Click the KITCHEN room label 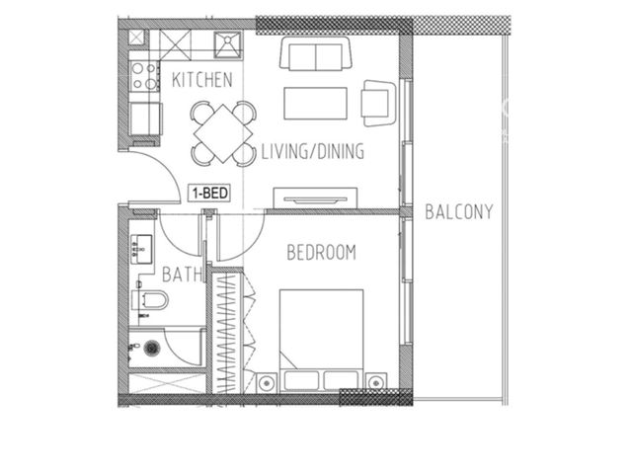point(201,80)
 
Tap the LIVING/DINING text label point(313,151)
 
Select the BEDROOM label point(321,253)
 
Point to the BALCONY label point(459,212)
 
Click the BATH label point(182,275)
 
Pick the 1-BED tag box point(210,194)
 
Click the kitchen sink point(228,44)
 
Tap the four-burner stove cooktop point(144,76)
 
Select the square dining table point(223,133)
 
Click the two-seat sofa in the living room point(316,53)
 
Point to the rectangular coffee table point(315,104)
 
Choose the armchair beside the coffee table point(378,103)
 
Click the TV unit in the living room point(315,198)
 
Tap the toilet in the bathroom point(149,300)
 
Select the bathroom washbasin point(141,250)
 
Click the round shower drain point(151,348)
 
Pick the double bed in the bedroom point(321,341)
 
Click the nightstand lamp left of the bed point(267,382)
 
